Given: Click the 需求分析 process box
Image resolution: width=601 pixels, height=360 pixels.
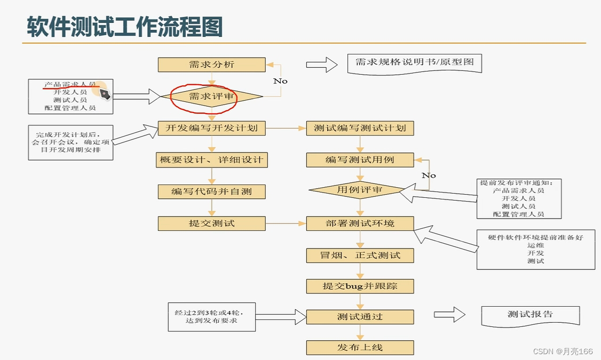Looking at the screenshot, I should coord(211,65).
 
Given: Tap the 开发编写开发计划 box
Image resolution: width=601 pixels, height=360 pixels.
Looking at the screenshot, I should coord(211,128).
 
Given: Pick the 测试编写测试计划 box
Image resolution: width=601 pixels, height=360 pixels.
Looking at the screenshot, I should coord(360,128).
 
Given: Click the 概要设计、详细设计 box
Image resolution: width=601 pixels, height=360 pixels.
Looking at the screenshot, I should coord(211,159).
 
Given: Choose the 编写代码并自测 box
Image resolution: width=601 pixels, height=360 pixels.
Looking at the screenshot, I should coord(211,191).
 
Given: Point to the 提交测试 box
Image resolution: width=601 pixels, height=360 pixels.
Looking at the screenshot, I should coord(211,223).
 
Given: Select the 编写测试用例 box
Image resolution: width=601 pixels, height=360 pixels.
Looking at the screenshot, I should coord(360,159).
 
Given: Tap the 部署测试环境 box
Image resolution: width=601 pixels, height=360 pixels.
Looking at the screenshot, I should coord(360,223).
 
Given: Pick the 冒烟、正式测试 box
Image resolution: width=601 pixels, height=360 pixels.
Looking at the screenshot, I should coord(360,255).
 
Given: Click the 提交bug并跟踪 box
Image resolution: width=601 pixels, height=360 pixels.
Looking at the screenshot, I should coord(360,286).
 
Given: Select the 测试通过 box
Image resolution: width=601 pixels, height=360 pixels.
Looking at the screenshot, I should coord(360,317).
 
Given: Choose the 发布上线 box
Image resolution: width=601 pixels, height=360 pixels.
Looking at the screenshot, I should coord(360,348).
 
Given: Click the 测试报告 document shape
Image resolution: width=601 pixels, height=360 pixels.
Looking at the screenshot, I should coord(530,315).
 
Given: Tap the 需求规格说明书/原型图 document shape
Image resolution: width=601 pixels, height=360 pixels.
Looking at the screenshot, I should coord(414,63).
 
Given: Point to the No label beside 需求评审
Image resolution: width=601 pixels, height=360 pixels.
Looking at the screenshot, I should coord(280,81).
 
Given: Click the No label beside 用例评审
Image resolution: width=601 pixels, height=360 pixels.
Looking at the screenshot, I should coord(429,175).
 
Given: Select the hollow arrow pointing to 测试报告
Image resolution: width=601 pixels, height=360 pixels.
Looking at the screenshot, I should coord(449,314).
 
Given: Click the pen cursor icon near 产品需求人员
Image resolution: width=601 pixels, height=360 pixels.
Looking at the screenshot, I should coord(105,94).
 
